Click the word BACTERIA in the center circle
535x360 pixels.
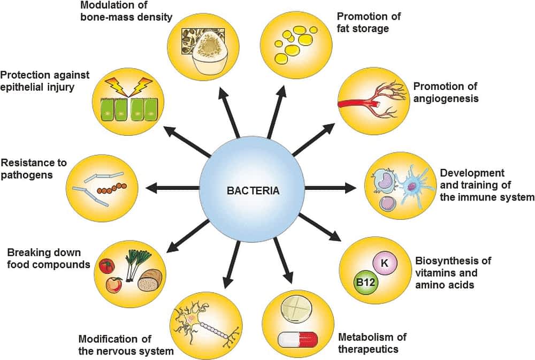253,190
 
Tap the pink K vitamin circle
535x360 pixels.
384,263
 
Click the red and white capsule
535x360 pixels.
298,339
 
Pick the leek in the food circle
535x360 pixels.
131,263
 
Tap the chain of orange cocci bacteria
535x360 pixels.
112,188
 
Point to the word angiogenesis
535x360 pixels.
445,98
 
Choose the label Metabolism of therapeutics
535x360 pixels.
372,343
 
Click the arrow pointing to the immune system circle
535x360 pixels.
329,188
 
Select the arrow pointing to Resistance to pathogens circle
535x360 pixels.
171,188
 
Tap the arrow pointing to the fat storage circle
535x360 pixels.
277,112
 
